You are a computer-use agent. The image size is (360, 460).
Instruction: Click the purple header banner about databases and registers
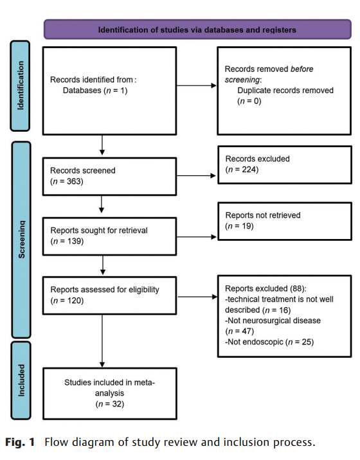[x=197, y=30]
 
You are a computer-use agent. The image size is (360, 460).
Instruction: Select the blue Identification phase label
[x=22, y=85]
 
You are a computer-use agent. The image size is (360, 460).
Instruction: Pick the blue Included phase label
[x=22, y=380]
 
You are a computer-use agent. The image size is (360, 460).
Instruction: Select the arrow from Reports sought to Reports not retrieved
[x=197, y=237]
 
